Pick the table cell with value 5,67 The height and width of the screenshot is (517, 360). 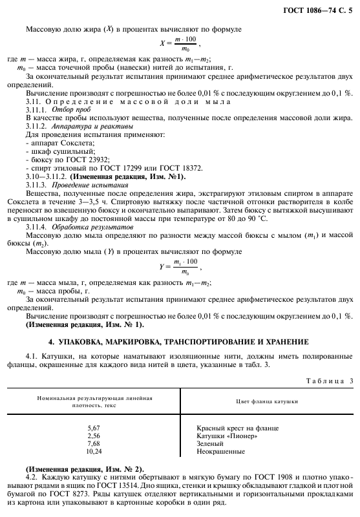(94, 428)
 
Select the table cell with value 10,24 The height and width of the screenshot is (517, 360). (94, 452)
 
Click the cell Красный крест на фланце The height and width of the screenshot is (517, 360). (237, 428)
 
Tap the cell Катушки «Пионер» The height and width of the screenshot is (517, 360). (227, 436)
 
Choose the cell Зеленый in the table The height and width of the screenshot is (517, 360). (211, 444)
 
